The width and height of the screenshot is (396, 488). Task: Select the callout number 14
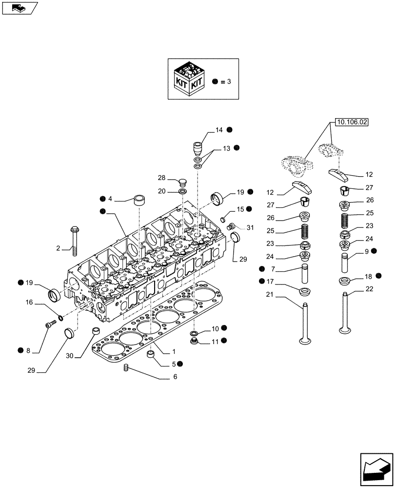(x=219, y=130)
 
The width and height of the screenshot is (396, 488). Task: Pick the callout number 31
(x=250, y=227)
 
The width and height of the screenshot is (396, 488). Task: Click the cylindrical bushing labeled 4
(x=140, y=200)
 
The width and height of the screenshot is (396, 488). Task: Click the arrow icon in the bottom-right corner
(x=376, y=468)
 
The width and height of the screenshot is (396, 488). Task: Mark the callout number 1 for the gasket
(x=175, y=352)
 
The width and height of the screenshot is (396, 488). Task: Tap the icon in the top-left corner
(x=19, y=8)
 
